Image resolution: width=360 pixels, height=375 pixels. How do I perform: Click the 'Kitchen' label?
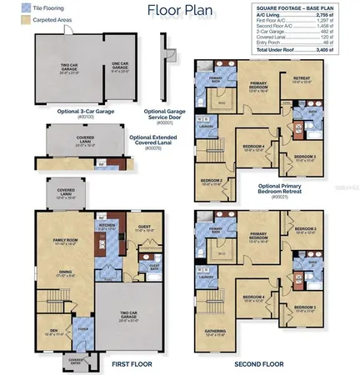click(x=107, y=225)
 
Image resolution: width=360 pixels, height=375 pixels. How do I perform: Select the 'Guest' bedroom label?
click(x=143, y=226)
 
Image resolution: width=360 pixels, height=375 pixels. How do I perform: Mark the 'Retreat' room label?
click(x=301, y=79)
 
